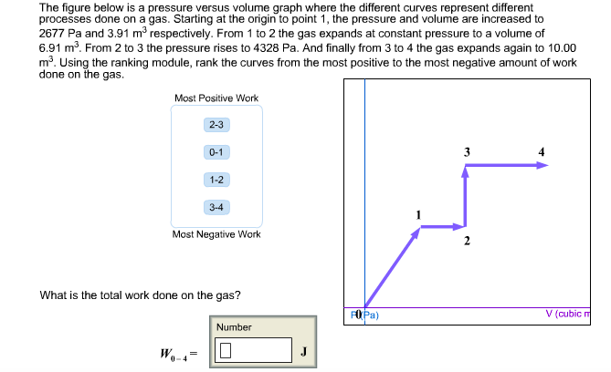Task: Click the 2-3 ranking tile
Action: click(216, 125)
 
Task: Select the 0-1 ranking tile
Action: click(216, 152)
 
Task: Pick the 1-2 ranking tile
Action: click(216, 180)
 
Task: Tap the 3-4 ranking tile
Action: click(216, 207)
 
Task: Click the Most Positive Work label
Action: click(216, 98)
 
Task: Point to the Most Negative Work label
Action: click(216, 234)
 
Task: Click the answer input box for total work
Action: click(254, 350)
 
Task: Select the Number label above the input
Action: click(234, 326)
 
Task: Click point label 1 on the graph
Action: click(418, 214)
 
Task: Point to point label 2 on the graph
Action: click(466, 242)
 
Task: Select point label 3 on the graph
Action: click(467, 151)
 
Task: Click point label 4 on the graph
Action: click(541, 151)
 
